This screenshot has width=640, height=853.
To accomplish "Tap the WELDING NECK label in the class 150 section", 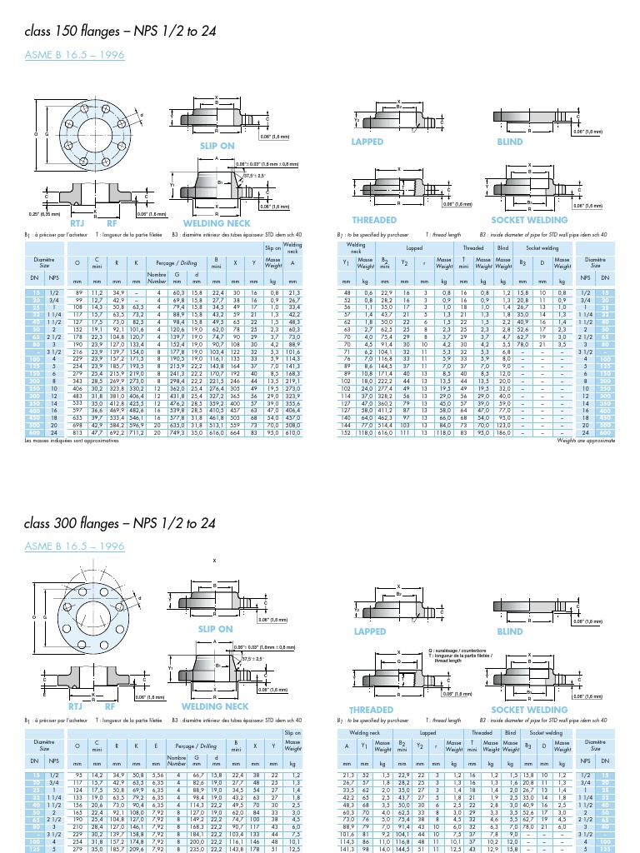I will (217, 222).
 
